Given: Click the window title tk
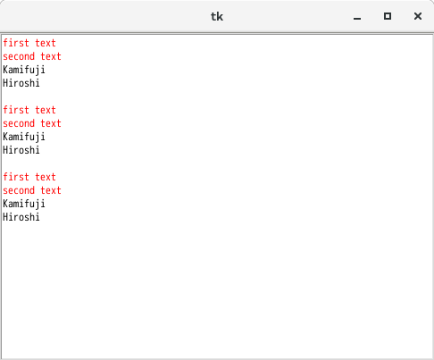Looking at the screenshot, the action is point(217,16).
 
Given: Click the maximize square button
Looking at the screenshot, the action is point(388,16).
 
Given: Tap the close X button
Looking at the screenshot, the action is point(418,16).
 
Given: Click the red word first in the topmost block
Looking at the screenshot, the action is point(16,43).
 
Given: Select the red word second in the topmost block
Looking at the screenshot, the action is point(19,56).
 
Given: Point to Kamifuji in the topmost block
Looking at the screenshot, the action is point(24,71).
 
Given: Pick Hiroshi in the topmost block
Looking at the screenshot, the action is point(21,83).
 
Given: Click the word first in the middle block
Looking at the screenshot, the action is point(16,110).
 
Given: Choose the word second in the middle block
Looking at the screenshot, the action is point(19,123).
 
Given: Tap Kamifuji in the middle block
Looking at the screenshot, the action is point(24,138).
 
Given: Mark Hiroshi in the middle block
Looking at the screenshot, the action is point(21,150).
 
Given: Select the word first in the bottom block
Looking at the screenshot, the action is point(16,177).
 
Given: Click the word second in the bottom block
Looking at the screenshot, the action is point(19,190).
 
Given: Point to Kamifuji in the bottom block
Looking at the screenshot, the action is point(24,205).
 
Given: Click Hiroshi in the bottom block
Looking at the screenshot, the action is point(21,217).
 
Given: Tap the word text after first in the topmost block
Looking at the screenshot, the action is point(46,43).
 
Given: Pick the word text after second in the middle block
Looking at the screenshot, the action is point(51,123).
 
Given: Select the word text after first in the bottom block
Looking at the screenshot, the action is point(46,177).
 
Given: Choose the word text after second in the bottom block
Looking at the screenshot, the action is point(51,190).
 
